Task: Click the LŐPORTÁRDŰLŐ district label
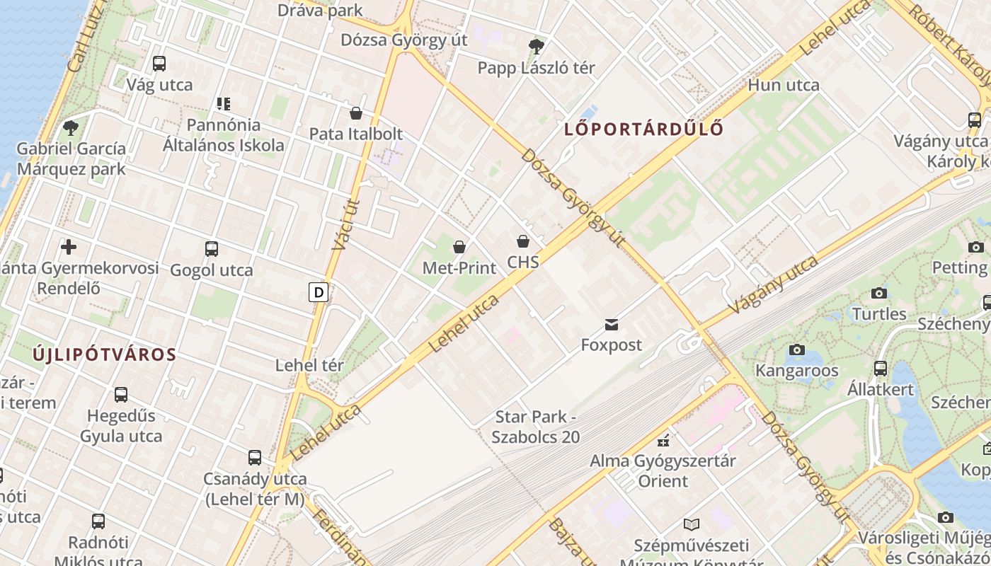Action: pos(644,129)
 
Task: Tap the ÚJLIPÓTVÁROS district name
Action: pos(104,354)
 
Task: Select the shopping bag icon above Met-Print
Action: pos(459,247)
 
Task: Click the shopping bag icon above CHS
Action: pos(523,241)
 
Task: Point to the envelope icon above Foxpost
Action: pos(612,325)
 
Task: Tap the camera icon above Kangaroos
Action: pos(797,350)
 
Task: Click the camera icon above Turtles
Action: pos(879,293)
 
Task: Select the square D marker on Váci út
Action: pos(319,291)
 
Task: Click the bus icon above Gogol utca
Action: pos(212,248)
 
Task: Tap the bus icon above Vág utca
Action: pos(159,63)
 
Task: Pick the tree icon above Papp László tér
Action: pos(537,47)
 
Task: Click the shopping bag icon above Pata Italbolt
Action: pos(356,113)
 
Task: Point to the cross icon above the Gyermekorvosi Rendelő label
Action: pos(69,247)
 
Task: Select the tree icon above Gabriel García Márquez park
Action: pos(71,128)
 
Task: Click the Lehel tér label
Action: pos(309,366)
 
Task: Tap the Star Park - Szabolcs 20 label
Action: pos(537,427)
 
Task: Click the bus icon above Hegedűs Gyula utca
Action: pos(121,394)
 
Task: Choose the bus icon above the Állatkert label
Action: pos(881,368)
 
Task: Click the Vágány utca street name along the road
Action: pos(773,285)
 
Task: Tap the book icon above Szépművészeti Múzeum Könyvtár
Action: pos(691,524)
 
